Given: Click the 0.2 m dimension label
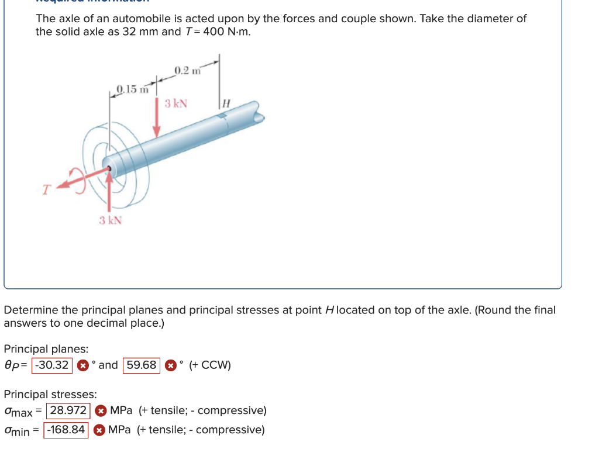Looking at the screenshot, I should [187, 71].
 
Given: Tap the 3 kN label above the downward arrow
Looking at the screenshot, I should [176, 104].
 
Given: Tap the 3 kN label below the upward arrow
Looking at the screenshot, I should [110, 220].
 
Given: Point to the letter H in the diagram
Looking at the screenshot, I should [228, 103].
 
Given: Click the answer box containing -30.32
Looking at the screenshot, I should [52, 365].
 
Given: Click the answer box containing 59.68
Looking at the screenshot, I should [142, 365].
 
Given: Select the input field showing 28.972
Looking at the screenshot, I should [69, 410].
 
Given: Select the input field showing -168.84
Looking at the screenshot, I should [67, 430].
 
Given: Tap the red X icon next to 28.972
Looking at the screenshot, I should [100, 410].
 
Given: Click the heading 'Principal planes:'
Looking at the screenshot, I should [46, 349].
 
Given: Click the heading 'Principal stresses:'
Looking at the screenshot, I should [50, 394].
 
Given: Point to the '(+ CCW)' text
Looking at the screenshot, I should [210, 365].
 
